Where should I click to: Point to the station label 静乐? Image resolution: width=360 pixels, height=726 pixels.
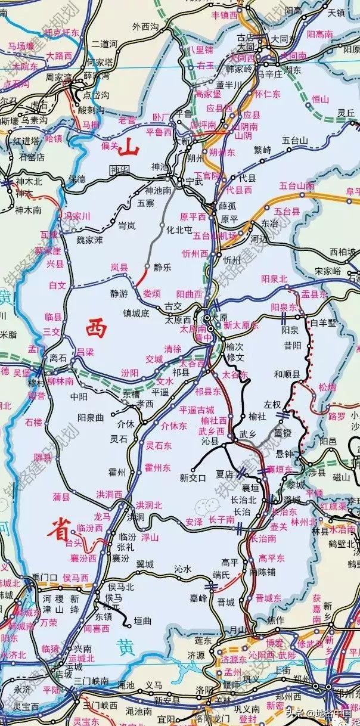(x=162, y=268)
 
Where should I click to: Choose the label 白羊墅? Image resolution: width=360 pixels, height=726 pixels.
(x=324, y=322)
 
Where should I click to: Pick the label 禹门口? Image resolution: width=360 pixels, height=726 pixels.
(x=44, y=577)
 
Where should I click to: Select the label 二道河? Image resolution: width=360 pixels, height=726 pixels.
(x=103, y=44)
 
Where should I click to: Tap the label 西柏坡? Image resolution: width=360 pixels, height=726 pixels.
(x=342, y=252)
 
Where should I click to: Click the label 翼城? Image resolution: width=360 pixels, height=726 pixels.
(x=145, y=564)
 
